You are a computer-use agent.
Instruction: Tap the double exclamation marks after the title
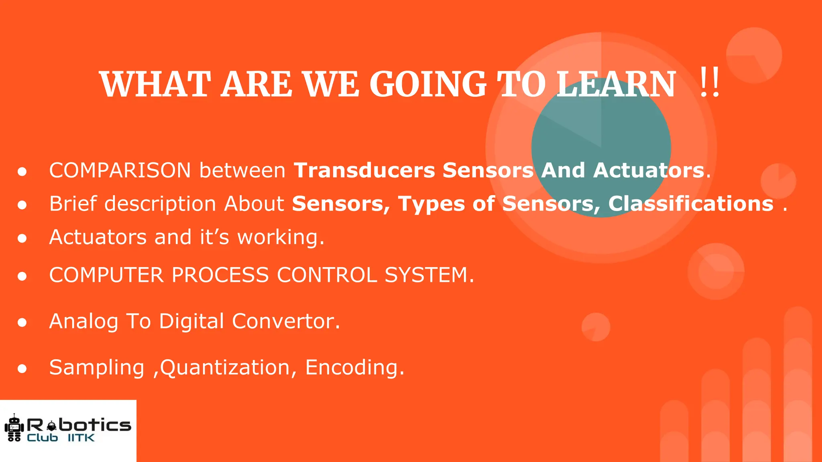pyautogui.click(x=710, y=83)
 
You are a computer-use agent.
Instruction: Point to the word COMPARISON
pyautogui.click(x=120, y=170)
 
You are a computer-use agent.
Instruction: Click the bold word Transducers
pyautogui.click(x=364, y=170)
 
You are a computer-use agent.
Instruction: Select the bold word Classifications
pyautogui.click(x=690, y=203)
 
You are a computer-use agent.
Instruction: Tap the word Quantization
pyautogui.click(x=225, y=368)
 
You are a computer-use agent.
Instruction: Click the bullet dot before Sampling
pyautogui.click(x=22, y=368)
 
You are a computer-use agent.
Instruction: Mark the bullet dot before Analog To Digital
pyautogui.click(x=22, y=322)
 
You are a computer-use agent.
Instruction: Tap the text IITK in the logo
pyautogui.click(x=81, y=438)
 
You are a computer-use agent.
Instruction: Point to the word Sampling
pyautogui.click(x=96, y=368)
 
